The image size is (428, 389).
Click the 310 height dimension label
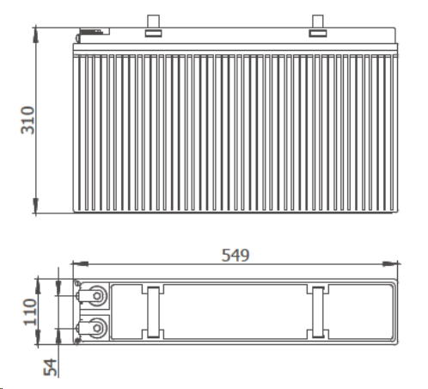click(28, 120)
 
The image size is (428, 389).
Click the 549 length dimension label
click(235, 255)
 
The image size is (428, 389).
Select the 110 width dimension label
click(30, 312)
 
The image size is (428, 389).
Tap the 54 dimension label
click(50, 367)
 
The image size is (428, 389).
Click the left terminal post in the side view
click(153, 22)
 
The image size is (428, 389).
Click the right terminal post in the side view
click(318, 22)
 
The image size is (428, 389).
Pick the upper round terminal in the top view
click(97, 296)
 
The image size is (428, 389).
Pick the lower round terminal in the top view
click(97, 328)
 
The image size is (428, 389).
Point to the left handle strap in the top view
click(153, 312)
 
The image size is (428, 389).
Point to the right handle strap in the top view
click(318, 312)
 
